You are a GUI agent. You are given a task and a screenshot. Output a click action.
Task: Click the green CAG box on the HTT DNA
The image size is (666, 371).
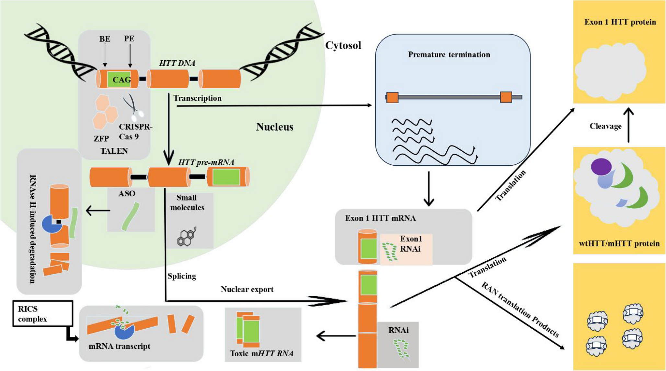point(119,79)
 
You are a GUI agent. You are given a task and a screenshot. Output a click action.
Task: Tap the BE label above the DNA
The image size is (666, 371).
point(105,39)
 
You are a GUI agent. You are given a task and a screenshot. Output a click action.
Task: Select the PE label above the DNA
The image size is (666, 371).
point(129,38)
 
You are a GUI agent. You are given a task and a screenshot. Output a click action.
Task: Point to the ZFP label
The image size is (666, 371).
point(101,139)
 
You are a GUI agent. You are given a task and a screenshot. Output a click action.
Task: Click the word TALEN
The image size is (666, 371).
point(114,151)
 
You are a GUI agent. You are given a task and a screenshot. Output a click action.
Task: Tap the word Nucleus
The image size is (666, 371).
point(275,127)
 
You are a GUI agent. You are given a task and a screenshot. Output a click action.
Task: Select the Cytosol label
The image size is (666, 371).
point(343,46)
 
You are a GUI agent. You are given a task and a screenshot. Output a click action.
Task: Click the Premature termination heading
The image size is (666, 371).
point(449,55)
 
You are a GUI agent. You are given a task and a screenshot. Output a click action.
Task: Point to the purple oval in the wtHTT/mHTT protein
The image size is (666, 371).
point(601,167)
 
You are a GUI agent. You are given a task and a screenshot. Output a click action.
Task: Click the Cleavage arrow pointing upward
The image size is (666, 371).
point(628,125)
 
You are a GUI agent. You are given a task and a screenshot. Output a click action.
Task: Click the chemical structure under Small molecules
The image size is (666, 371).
point(187,237)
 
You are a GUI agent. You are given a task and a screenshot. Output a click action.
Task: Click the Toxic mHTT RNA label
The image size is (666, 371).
point(262,354)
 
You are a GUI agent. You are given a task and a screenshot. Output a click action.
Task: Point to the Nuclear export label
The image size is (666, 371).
point(247,289)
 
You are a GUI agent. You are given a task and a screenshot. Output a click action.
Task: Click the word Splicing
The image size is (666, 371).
point(182,276)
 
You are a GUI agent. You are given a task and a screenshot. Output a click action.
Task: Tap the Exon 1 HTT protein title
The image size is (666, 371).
point(620,22)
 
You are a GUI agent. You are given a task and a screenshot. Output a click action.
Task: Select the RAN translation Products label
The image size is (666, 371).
point(520,310)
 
